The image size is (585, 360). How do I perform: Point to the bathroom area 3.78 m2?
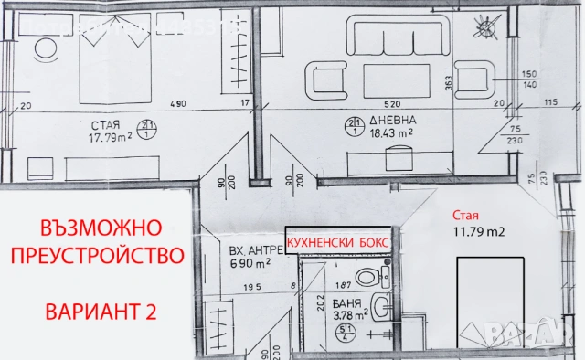[x=348, y=315]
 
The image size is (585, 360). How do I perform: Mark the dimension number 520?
[x=393, y=102]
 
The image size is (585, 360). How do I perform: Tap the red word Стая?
[x=464, y=216]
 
